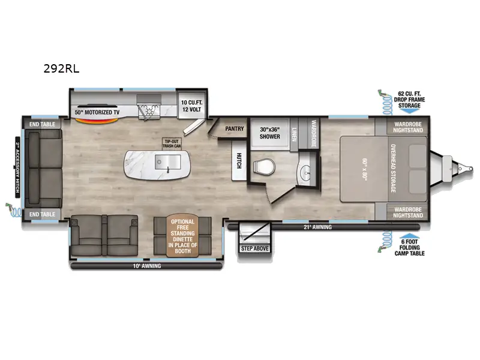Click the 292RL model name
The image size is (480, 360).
point(61,68)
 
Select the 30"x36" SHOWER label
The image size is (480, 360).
point(270,133)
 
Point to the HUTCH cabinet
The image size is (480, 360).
point(238,159)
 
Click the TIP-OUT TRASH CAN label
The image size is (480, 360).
point(172,144)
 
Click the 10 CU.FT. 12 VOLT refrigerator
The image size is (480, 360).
point(192,106)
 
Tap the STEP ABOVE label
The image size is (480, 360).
point(255,248)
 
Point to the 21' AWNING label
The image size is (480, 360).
point(317,227)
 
